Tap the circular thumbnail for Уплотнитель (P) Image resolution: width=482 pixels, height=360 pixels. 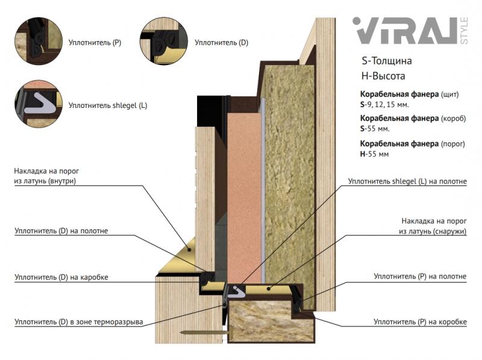pos(39,41)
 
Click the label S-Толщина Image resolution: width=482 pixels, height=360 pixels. pos(386,62)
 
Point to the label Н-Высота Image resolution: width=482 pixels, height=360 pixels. pos(383,76)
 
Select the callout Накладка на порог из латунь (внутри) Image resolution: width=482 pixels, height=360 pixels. pos(46,175)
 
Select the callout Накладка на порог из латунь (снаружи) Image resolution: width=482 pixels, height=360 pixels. pos(432,226)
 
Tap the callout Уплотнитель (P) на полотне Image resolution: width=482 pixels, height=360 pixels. pos(420,276)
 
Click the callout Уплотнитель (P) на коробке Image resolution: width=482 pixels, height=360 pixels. pos(420,322)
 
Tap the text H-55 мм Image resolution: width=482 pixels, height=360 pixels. pos(374,154)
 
